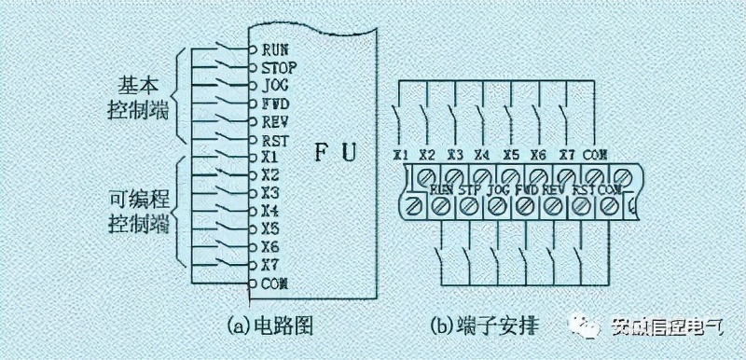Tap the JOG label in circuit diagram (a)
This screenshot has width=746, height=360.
pos(276,84)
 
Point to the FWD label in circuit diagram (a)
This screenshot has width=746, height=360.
pos(276,103)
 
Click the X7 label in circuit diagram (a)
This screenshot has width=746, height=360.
pos(271,264)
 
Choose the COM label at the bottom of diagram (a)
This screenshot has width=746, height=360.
pos(275,282)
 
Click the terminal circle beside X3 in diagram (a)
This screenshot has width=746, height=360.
pos(252,192)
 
